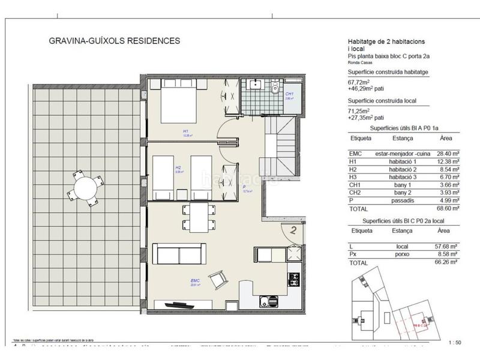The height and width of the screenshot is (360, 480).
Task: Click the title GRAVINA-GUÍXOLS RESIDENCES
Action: [114, 41]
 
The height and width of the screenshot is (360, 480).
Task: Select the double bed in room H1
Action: [178, 103]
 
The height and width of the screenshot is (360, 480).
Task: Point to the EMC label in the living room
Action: [195, 280]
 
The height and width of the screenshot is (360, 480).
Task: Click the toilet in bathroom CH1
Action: [274, 89]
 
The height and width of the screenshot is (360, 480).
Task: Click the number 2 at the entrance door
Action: [294, 228]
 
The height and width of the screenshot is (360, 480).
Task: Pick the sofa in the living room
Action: [176, 254]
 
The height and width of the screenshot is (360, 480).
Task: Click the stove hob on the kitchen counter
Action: [294, 280]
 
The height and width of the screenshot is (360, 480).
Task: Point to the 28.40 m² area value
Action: [447, 154]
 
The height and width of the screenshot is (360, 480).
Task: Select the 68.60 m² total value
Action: [447, 208]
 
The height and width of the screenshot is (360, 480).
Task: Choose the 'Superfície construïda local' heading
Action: [381, 101]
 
